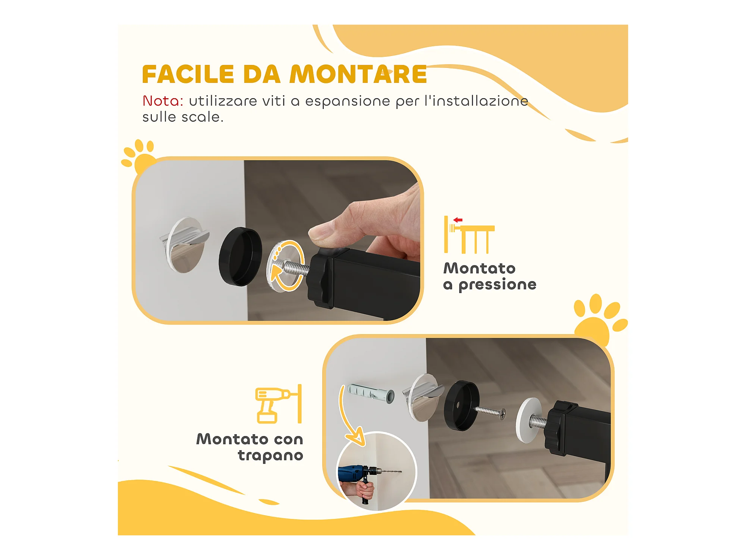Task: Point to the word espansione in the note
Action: point(347,102)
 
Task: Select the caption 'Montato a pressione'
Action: point(490,276)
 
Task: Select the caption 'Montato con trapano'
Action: point(250,447)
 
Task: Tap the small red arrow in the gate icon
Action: point(458,220)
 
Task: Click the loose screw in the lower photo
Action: point(490,412)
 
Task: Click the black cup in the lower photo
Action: point(461,406)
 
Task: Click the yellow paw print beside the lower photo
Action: point(599,319)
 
